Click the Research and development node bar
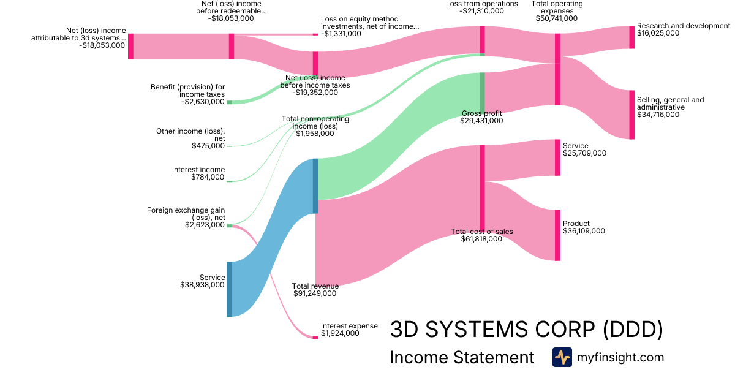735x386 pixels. (x=632, y=37)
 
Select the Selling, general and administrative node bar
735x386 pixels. (x=632, y=115)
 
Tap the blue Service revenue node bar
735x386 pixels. (x=230, y=289)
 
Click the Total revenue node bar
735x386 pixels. (x=315, y=186)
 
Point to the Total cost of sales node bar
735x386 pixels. (x=482, y=187)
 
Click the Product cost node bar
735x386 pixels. (x=557, y=235)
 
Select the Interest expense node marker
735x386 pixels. (x=315, y=337)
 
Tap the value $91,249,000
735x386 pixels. (x=314, y=294)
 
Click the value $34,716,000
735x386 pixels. (x=658, y=115)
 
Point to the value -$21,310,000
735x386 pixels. (x=482, y=11)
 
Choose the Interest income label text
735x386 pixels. (x=198, y=170)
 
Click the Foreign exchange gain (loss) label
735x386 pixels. (x=186, y=213)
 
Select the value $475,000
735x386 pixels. (x=208, y=146)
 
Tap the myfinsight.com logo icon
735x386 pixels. (x=562, y=357)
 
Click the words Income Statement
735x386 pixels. (x=462, y=358)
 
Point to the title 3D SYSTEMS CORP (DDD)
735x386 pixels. (x=526, y=330)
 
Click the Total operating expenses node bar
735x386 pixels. (x=557, y=69)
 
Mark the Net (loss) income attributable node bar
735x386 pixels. (x=130, y=47)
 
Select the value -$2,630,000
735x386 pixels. (x=203, y=102)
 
